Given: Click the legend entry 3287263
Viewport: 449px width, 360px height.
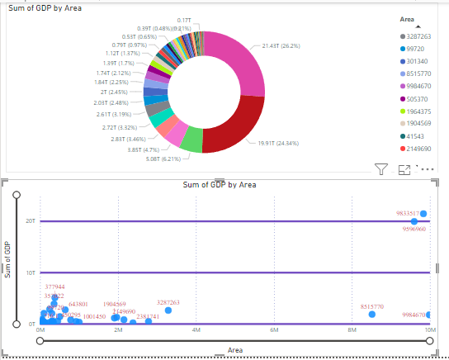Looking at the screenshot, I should pyautogui.click(x=414, y=37).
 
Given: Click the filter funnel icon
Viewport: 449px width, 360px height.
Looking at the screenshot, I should pyautogui.click(x=380, y=169).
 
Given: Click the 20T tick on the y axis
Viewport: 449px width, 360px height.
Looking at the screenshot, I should pyautogui.click(x=31, y=221).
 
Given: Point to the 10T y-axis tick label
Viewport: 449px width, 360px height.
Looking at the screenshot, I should pyautogui.click(x=31, y=272).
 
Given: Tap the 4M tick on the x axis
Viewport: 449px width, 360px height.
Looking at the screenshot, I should pyautogui.click(x=196, y=329).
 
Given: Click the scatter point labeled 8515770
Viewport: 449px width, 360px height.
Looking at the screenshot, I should pyautogui.click(x=371, y=315).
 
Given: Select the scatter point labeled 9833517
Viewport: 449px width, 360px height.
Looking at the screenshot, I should pyautogui.click(x=423, y=214).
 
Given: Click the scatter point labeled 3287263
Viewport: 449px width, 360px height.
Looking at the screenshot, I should pyautogui.click(x=168, y=310).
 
